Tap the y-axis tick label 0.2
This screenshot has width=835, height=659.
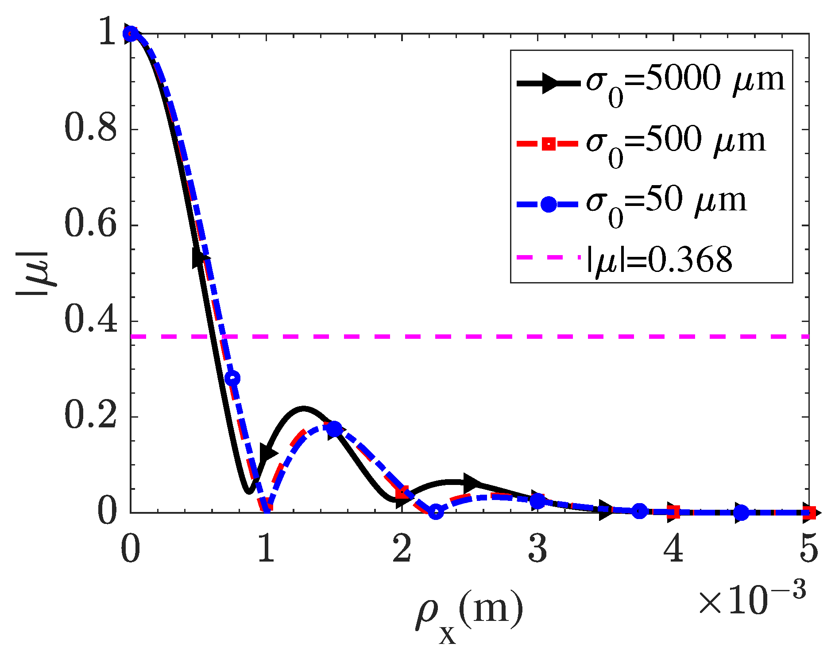tap(91, 416)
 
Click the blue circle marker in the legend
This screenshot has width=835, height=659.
tap(549, 204)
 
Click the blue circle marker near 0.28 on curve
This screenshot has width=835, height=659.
tap(232, 378)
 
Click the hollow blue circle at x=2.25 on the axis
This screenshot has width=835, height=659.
tap(436, 512)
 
